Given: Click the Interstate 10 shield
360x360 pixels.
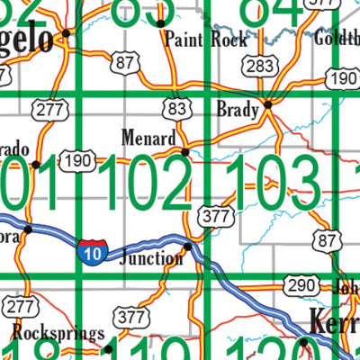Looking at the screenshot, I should click(x=89, y=250).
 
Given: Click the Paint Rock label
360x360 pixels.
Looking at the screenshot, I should click(x=206, y=40).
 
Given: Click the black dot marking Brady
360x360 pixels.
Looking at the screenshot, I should click(x=268, y=107).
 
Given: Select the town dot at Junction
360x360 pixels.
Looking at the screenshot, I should click(x=188, y=246).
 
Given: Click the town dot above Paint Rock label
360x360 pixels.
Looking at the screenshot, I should click(x=160, y=22).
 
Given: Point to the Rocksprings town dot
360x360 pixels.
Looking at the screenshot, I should click(x=107, y=347).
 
